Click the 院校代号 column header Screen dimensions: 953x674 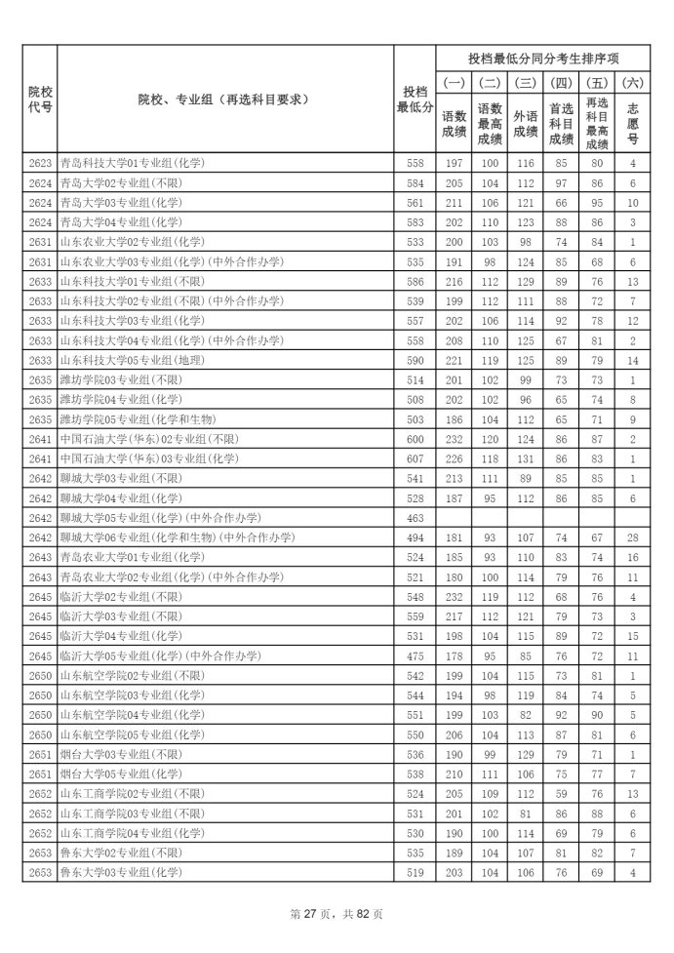(x=39, y=99)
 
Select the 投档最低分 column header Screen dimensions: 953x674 (x=415, y=99)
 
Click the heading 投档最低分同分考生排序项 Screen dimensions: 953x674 (x=543, y=58)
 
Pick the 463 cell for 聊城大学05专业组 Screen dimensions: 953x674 (x=415, y=517)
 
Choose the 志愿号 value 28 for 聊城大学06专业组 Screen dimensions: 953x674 (x=633, y=537)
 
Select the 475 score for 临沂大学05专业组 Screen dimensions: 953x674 (x=415, y=655)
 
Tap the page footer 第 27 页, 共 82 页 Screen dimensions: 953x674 (x=337, y=914)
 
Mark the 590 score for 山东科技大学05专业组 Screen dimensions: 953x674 (x=415, y=361)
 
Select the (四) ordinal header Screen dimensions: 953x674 (x=561, y=83)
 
